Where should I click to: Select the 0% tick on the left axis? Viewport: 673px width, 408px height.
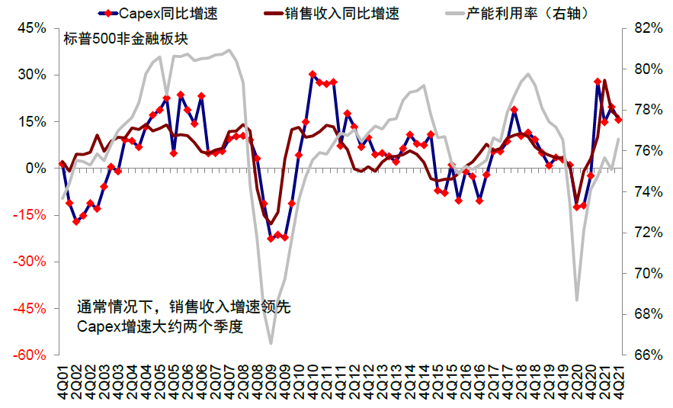click(x=37, y=169)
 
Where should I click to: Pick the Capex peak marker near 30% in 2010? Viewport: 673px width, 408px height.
click(x=312, y=75)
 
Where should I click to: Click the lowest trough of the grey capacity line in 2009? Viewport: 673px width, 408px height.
click(x=271, y=344)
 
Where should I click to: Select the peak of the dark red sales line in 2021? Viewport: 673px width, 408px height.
click(x=605, y=80)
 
